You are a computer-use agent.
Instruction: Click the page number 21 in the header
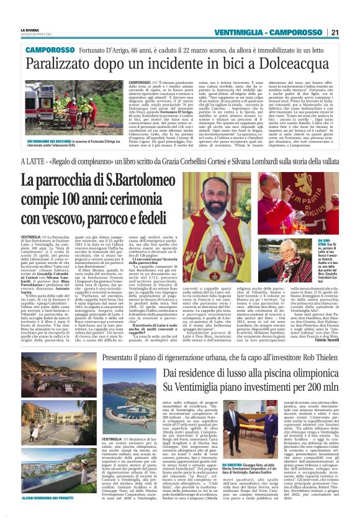click(335, 32)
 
